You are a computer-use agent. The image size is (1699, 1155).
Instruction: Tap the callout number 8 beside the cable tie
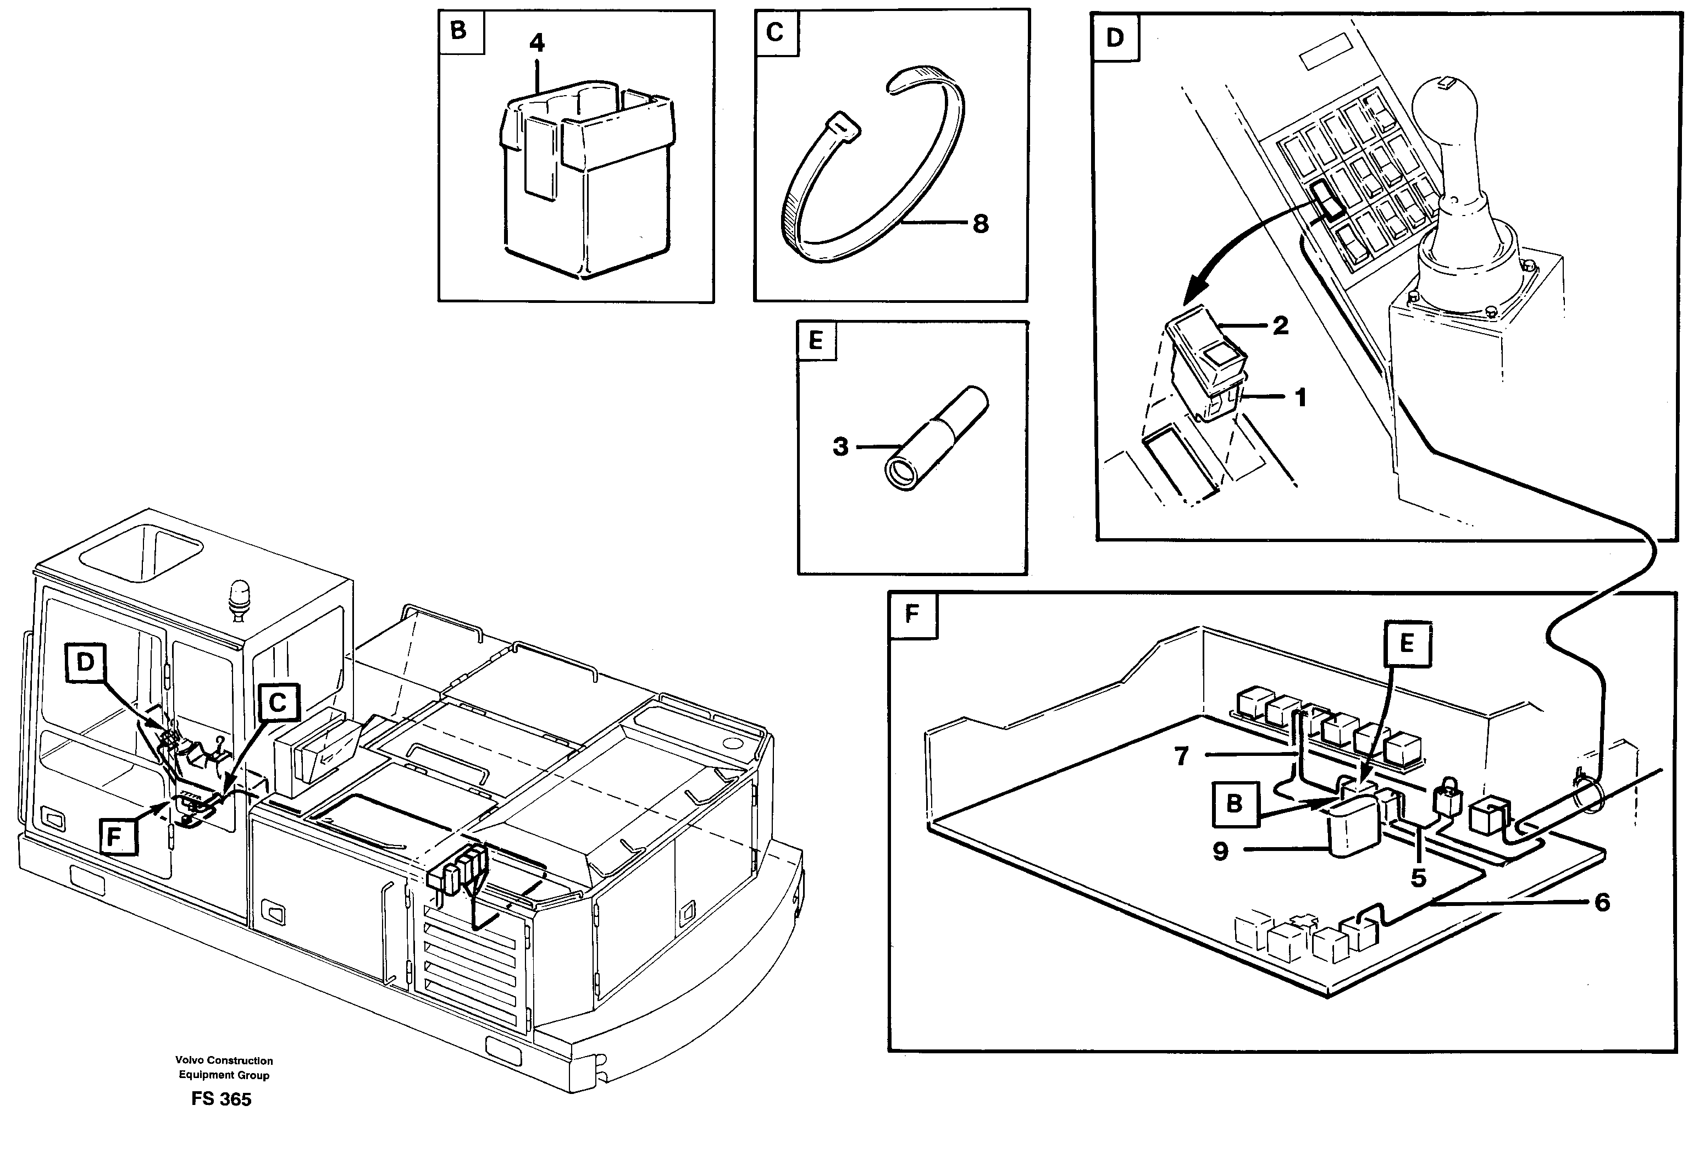click(x=981, y=224)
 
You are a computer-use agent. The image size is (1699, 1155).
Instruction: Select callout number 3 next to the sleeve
click(x=841, y=446)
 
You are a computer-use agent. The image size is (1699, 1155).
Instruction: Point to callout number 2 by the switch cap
click(x=1280, y=325)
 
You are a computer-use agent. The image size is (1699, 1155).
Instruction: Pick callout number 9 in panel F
click(x=1220, y=852)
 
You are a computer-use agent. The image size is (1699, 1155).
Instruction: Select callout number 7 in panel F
click(x=1181, y=756)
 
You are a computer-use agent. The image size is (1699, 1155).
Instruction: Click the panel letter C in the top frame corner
click(x=775, y=32)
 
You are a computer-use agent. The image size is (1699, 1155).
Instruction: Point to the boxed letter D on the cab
click(x=86, y=662)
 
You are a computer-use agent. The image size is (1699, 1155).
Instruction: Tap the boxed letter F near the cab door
click(x=113, y=836)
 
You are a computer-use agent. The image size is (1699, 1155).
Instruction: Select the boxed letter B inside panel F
click(x=1234, y=803)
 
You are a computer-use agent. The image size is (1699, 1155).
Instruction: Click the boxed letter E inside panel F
click(x=1406, y=643)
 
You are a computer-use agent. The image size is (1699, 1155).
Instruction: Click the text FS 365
click(x=221, y=1099)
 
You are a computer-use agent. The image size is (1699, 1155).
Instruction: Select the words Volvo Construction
click(x=224, y=1060)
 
